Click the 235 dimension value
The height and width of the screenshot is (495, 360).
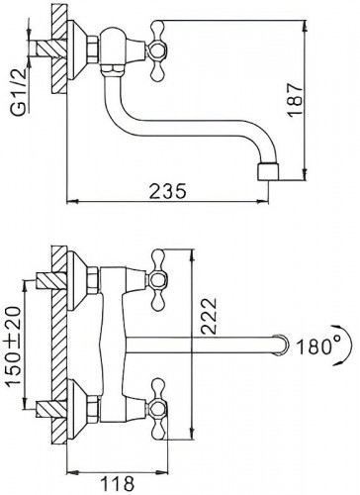point(168,191)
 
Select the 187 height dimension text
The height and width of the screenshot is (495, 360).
point(295,99)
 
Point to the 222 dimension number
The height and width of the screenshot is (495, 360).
point(209,316)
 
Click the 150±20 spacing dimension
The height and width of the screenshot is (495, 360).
point(14,346)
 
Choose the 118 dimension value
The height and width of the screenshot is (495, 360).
point(117,484)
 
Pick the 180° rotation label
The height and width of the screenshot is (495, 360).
point(315,346)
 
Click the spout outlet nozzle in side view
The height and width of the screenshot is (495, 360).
point(268,171)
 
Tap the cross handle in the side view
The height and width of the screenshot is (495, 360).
point(158,50)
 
